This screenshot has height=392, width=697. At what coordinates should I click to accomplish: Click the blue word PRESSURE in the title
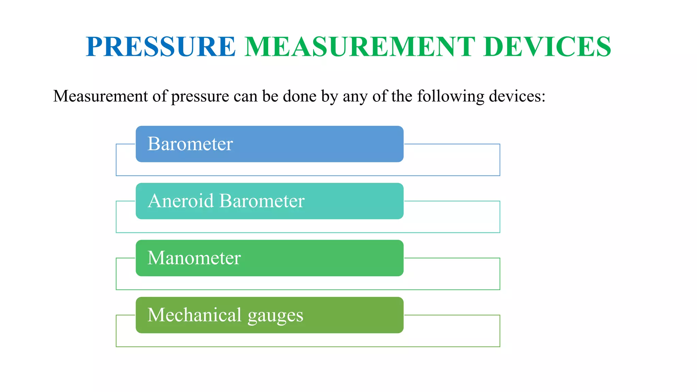161,47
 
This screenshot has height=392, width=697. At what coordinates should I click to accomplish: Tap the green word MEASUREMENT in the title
359,47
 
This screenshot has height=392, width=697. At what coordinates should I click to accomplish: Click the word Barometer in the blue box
190,144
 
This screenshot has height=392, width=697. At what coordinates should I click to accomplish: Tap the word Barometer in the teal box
262,200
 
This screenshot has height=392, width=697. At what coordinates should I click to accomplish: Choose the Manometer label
194,258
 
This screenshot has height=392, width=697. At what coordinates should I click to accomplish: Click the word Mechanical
194,314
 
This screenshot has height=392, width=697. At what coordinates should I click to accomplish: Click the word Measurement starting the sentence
101,96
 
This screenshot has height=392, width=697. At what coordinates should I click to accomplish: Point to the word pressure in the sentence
200,97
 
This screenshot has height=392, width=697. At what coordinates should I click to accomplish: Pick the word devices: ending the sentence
515,96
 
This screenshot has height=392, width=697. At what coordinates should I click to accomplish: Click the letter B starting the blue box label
154,144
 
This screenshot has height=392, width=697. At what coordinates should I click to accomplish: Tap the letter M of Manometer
156,258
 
